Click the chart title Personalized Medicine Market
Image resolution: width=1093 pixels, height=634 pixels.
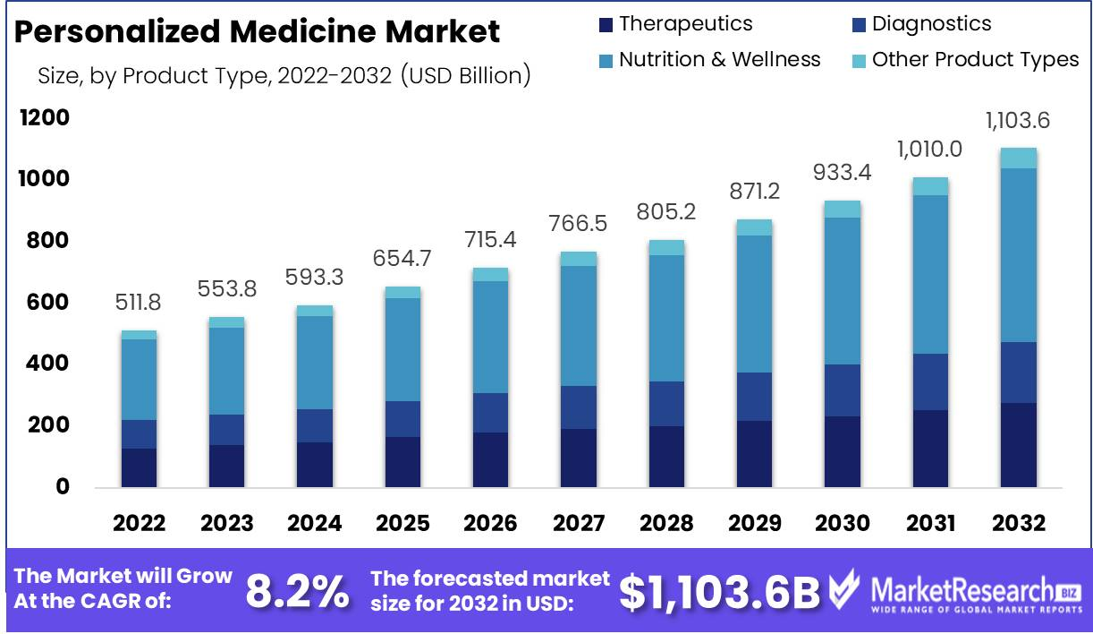[258, 32]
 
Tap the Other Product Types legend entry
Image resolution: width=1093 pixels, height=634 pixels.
[965, 60]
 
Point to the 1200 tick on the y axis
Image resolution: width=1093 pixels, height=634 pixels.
[43, 118]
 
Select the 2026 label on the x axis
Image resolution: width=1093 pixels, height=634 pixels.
[490, 523]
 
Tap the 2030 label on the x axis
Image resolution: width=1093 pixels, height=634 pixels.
[842, 523]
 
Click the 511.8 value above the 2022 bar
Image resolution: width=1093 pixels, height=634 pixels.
[138, 304]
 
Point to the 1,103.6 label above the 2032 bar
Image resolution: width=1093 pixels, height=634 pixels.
[1018, 120]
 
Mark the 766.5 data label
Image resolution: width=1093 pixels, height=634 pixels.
[576, 224]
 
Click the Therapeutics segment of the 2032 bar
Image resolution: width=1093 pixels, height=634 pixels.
[1018, 445]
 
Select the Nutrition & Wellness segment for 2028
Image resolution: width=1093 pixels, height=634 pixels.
[666, 318]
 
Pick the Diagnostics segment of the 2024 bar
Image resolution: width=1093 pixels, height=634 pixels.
[314, 425]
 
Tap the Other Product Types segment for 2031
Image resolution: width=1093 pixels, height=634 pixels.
[930, 186]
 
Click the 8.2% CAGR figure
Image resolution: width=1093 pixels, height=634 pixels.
[297, 590]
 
